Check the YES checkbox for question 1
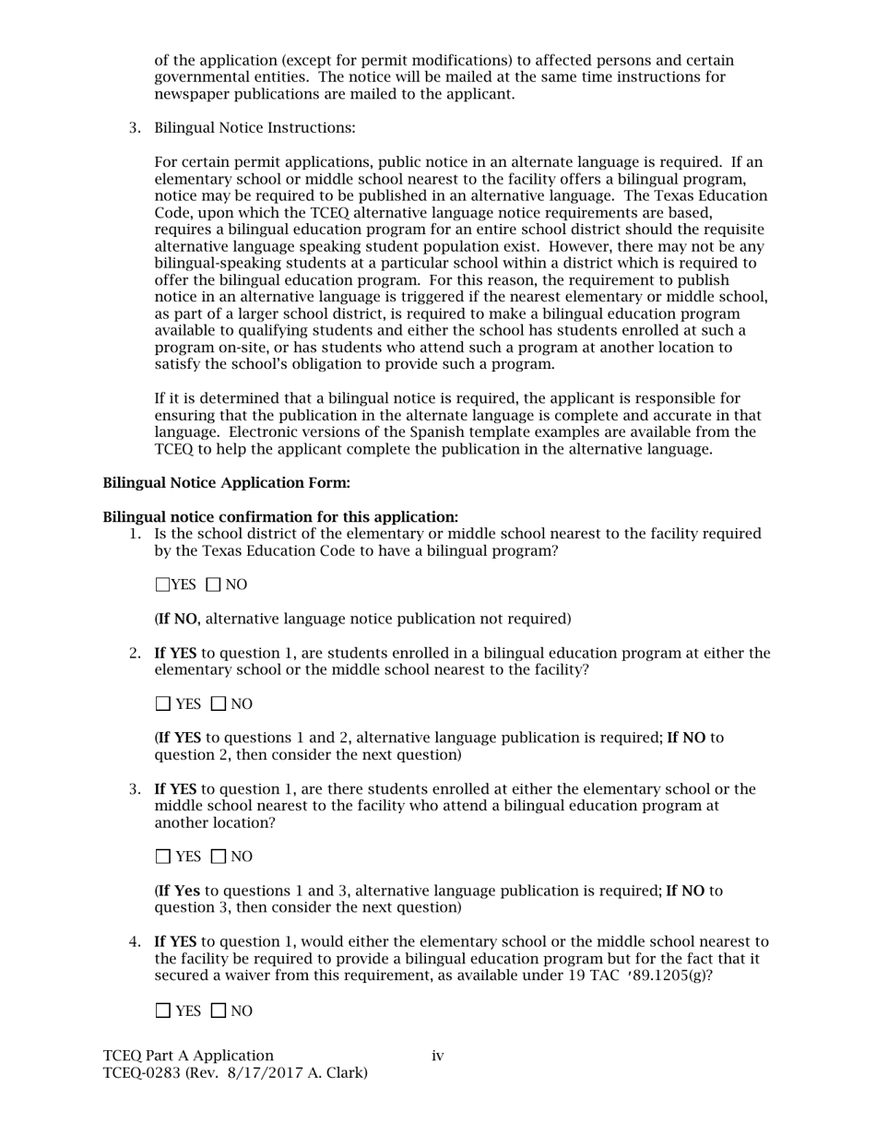tap(162, 585)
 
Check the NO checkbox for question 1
tap(214, 585)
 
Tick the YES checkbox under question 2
tap(163, 704)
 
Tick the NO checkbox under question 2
tap(219, 704)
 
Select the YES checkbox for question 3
tap(163, 856)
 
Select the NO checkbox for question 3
tap(219, 856)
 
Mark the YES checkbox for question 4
tap(163, 1010)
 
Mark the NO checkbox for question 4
tap(219, 1010)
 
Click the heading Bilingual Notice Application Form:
tap(226, 483)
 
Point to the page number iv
tap(438, 1056)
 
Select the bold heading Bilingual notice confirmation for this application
tap(280, 517)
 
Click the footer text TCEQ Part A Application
tap(188, 1056)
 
